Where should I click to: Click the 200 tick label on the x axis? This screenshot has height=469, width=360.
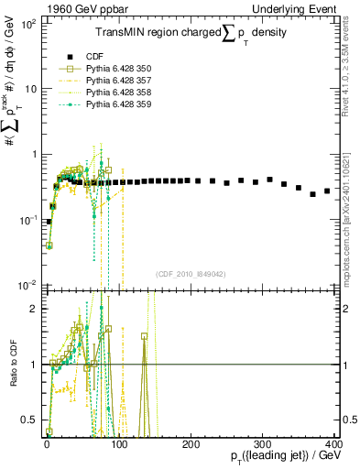[x=189, y=443]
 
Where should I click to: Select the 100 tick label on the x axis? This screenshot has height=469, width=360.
[x=117, y=443]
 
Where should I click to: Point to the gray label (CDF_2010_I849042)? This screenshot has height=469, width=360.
[x=190, y=273]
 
